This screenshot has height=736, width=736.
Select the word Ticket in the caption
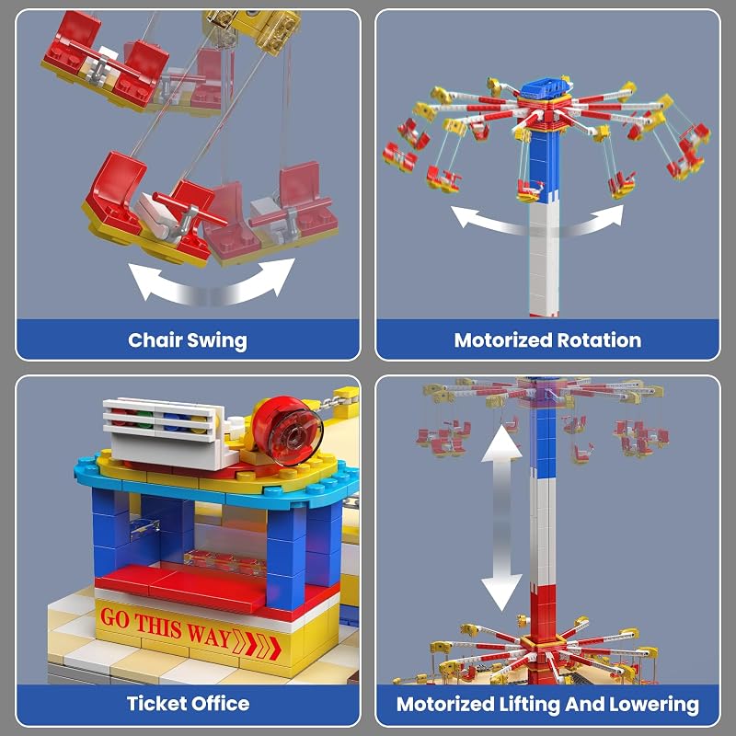pos(155,703)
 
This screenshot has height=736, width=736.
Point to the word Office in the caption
pos(220,703)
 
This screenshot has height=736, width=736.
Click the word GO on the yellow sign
pos(114,618)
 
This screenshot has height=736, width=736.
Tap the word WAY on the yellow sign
pos(209,635)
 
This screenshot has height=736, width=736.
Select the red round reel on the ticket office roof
pos(287,431)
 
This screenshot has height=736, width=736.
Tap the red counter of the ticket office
pos(180,589)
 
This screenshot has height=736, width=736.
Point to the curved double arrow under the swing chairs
pos(212,283)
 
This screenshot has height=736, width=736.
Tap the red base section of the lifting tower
pos(543,610)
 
